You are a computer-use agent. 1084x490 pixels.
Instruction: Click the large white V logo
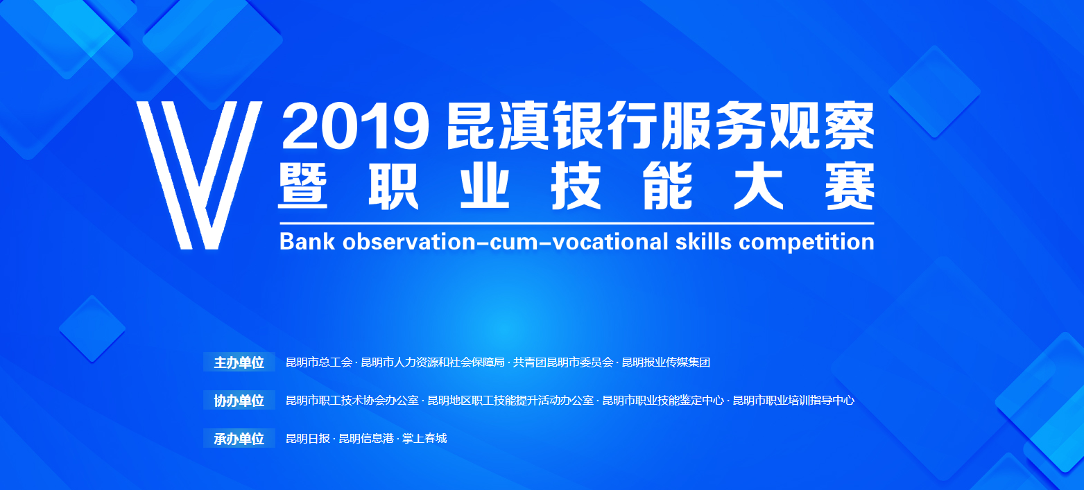[x=199, y=175]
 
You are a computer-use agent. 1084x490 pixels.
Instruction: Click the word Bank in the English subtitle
[x=307, y=241]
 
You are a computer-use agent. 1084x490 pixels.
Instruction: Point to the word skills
[x=703, y=241]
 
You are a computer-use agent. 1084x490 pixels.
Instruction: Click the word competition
[x=806, y=241]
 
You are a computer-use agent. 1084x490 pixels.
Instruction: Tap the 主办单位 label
[x=239, y=362]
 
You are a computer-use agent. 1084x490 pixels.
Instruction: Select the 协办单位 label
[x=239, y=401]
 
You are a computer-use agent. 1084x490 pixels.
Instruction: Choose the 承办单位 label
[x=239, y=439]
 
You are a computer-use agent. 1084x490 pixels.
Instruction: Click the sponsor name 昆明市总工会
[x=319, y=362]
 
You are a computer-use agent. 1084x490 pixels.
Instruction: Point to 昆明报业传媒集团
[x=666, y=362]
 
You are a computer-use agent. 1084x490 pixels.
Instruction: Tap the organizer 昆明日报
[x=308, y=439]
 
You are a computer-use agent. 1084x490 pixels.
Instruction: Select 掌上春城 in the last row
[x=424, y=439]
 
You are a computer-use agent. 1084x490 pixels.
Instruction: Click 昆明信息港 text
[x=366, y=439]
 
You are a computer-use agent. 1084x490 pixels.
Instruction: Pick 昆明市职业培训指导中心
[x=793, y=401]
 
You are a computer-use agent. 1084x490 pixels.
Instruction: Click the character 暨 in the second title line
[x=303, y=186]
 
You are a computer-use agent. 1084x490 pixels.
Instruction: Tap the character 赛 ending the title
[x=850, y=186]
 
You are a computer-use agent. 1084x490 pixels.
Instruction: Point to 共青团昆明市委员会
[x=563, y=362]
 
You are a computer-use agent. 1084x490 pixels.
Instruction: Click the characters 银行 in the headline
[x=606, y=126]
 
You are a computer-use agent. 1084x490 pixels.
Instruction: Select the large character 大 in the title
[x=759, y=186]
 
